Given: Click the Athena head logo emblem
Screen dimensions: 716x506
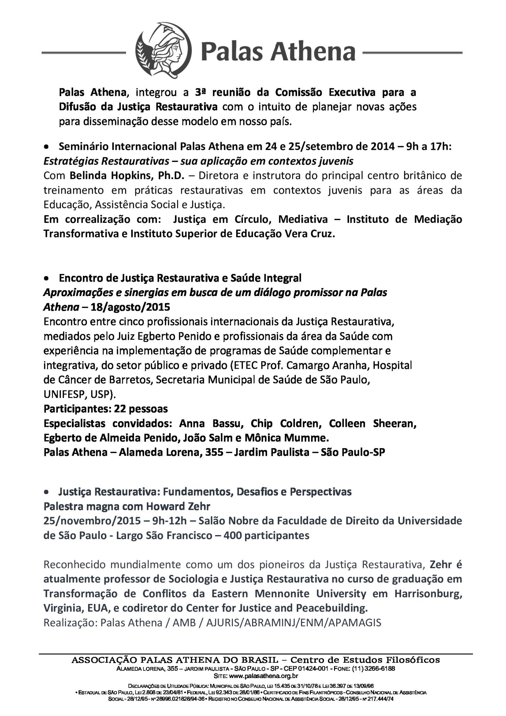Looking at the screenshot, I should point(164,51).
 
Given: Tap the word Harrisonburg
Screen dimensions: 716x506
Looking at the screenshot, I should point(428,593).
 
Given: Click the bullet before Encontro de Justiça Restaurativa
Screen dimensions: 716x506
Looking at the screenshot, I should point(46,279).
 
